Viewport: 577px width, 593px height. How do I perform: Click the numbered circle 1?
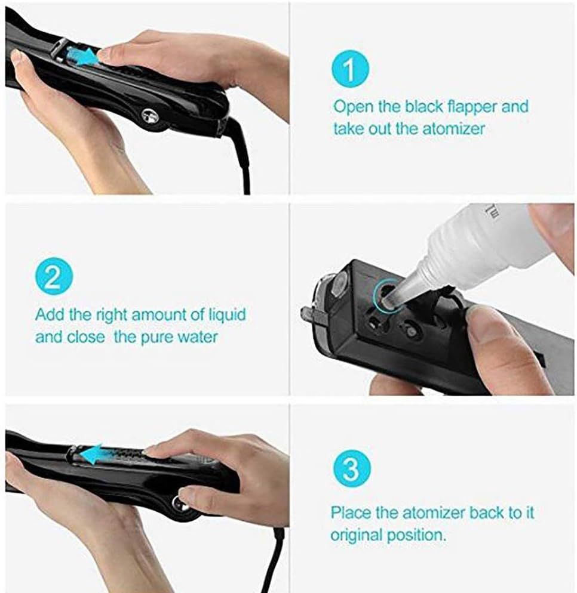350,70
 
